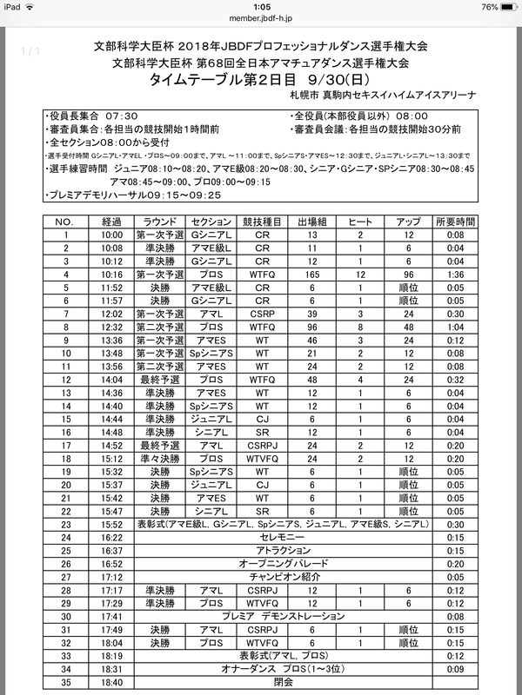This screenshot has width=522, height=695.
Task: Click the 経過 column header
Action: pos(111,222)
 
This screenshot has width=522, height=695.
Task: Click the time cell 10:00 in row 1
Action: pos(111,235)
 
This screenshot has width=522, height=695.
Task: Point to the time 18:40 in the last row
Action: pos(111,684)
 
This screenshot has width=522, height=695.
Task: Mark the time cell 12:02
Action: pos(111,312)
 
